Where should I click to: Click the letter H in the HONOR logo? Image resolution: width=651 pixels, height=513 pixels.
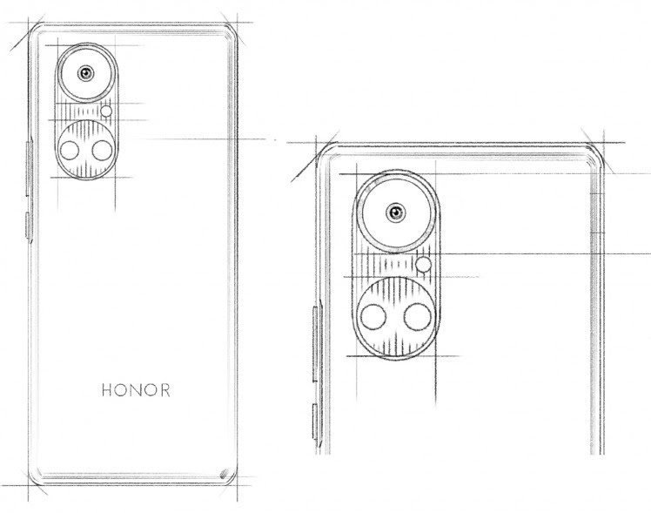tap(107, 390)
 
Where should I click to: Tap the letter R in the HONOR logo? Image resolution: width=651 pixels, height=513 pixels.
tap(164, 390)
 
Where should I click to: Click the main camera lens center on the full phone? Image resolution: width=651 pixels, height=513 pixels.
tap(86, 73)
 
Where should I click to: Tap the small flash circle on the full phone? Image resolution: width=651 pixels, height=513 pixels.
tap(107, 111)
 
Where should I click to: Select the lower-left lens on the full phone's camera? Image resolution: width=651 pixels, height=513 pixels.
tap(70, 150)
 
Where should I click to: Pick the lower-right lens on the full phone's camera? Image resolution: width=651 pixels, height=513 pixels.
tap(102, 150)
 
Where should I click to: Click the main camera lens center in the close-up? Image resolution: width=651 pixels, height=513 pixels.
tap(396, 213)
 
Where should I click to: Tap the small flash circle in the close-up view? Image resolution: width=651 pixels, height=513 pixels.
tap(424, 264)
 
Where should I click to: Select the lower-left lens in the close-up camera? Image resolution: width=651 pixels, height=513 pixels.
tap(373, 317)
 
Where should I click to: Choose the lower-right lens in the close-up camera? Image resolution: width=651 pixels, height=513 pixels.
tap(417, 317)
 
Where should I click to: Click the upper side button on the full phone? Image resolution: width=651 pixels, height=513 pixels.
tap(29, 168)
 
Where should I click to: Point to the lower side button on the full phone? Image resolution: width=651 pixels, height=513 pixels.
tap(29, 226)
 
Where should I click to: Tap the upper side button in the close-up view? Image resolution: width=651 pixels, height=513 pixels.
tap(316, 344)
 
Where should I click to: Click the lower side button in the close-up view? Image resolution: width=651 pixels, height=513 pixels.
tap(316, 423)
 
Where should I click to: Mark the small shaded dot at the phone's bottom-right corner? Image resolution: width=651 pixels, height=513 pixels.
tap(225, 473)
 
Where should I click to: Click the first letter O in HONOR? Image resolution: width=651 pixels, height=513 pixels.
tap(121, 390)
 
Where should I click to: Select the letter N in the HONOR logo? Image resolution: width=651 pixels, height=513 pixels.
tap(136, 390)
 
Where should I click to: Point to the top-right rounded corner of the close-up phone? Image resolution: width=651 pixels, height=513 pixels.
tap(594, 151)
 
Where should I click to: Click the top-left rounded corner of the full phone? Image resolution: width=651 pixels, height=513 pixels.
tap(36, 30)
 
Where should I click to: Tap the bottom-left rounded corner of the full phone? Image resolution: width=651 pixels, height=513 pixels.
tap(36, 477)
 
